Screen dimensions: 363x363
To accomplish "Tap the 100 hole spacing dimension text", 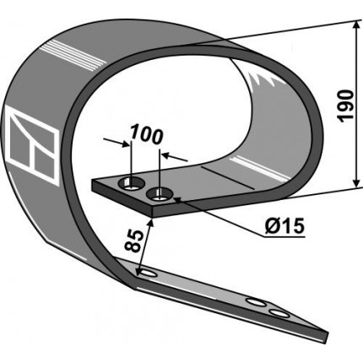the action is tap(147, 135).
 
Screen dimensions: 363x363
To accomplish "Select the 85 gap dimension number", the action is tap(133, 241).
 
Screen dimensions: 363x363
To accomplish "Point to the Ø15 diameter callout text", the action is tap(284, 226).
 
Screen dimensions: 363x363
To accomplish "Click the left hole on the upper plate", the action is tap(132, 183).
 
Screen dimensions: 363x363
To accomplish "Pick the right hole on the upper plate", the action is tap(160, 195).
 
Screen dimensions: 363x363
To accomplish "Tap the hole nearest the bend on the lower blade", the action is tap(148, 274).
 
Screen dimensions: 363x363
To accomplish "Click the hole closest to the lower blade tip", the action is tap(279, 313).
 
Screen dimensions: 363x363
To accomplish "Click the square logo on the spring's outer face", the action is tap(32, 146).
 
